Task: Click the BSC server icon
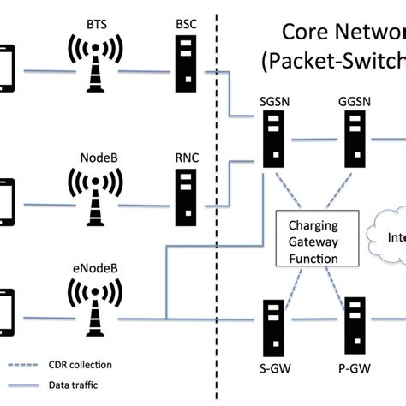pos(186,57)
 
